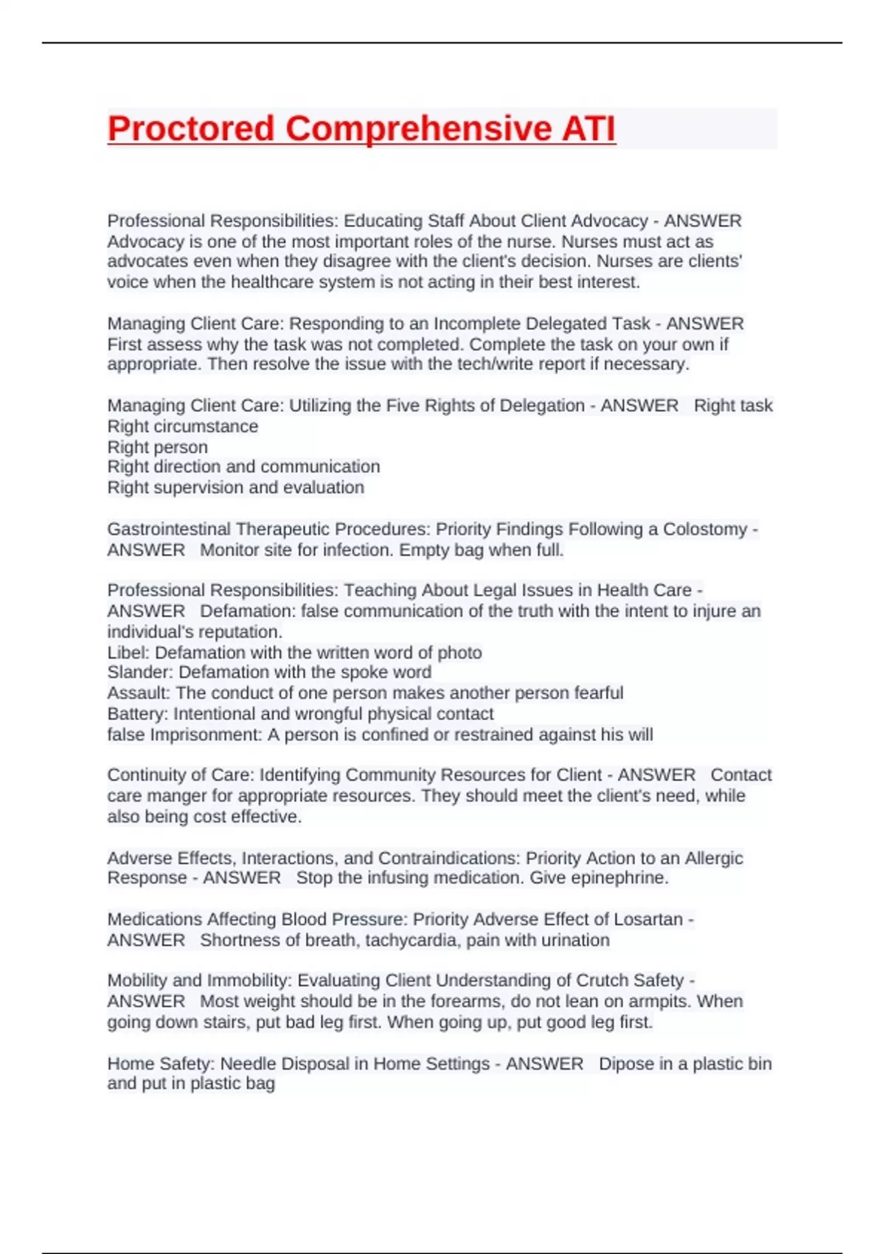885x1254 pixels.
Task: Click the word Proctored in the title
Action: pos(191,128)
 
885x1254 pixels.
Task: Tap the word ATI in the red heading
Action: pos(589,128)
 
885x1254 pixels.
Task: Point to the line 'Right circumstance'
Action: pos(183,426)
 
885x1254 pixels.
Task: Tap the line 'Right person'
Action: pos(157,447)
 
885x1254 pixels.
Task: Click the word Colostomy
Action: pos(705,529)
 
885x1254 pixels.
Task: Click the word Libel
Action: pos(128,653)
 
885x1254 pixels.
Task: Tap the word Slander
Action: pos(139,673)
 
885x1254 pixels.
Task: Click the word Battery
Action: pos(136,714)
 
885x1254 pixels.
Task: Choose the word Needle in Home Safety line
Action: pos(249,1064)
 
